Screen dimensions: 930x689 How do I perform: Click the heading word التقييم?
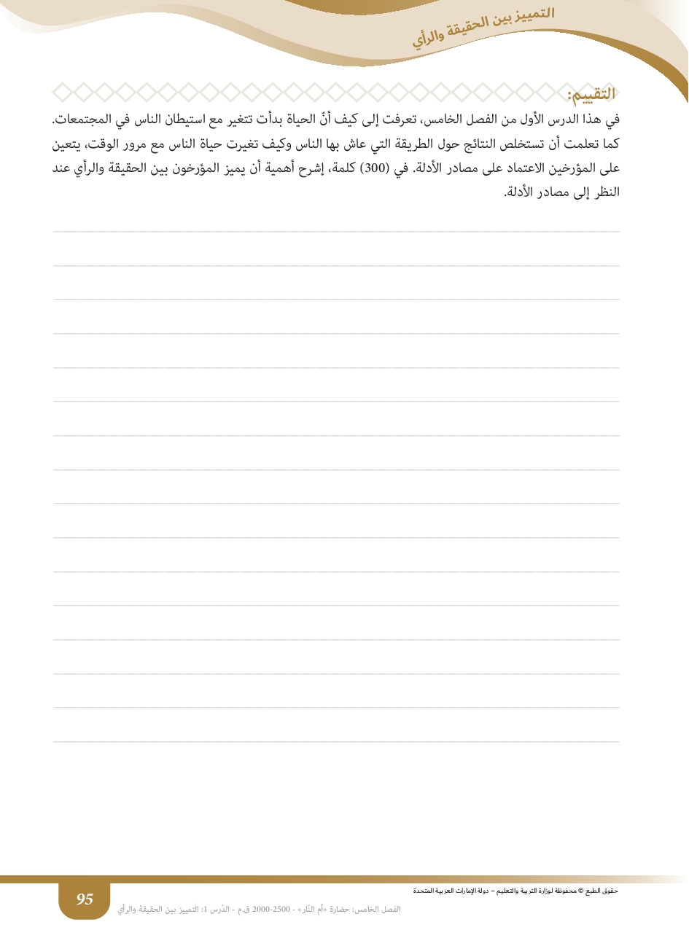[591, 94]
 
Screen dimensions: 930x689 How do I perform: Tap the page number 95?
[85, 899]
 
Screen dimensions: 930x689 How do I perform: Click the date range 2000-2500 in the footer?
[270, 909]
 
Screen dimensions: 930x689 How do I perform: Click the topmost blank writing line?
[336, 231]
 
